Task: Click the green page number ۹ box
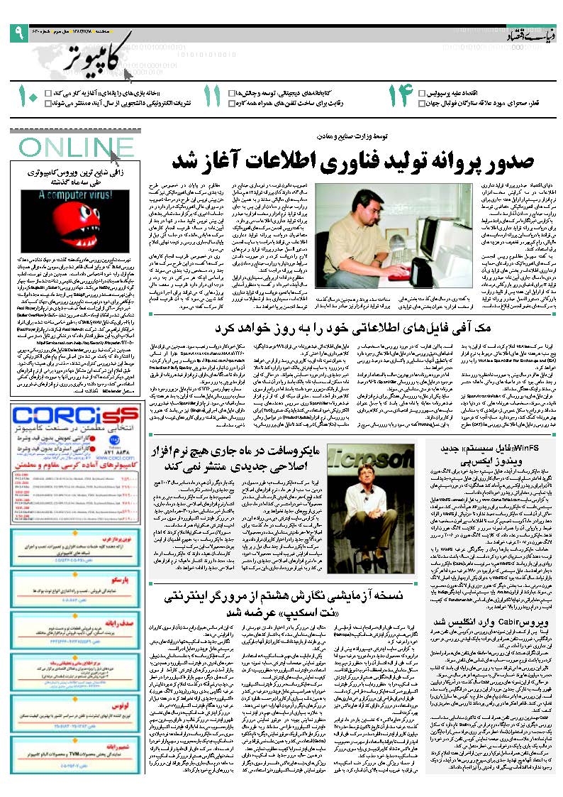(16, 31)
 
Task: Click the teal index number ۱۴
(398, 97)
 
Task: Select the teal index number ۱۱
(212, 97)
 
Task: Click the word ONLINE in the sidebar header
(67, 148)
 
